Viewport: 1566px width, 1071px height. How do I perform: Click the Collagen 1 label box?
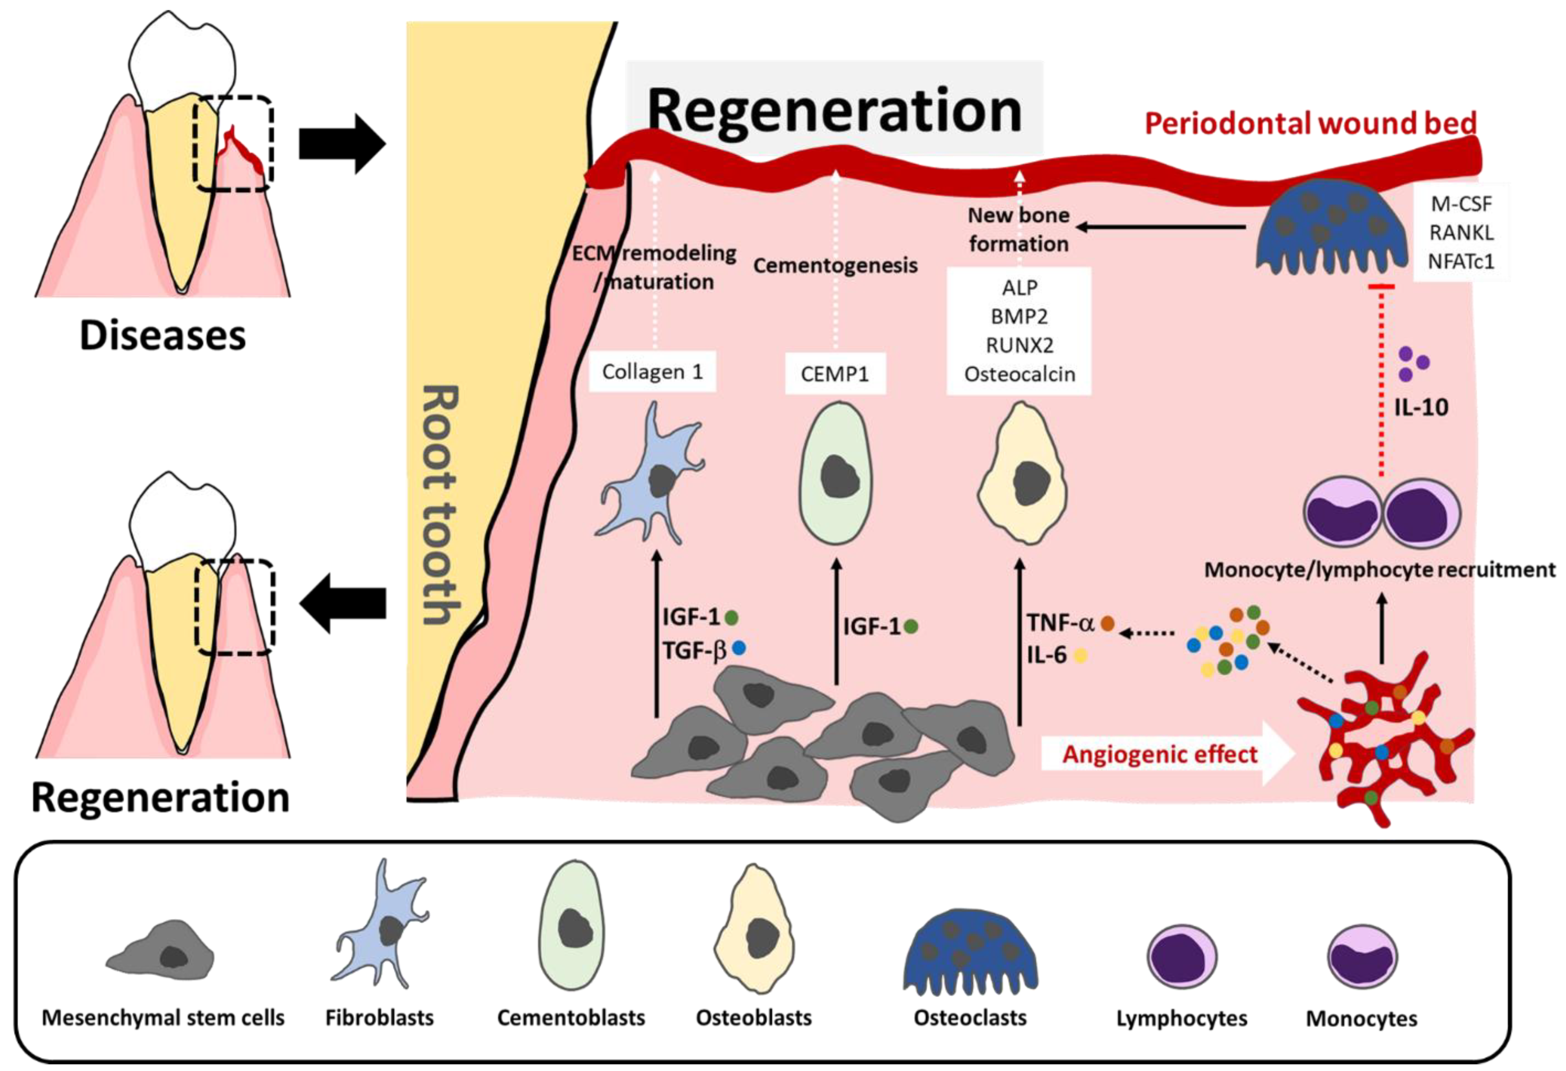652,372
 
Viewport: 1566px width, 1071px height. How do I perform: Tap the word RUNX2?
1019,345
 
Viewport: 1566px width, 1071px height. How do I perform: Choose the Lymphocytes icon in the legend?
1181,956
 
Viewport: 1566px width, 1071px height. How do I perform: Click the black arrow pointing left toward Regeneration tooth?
342,603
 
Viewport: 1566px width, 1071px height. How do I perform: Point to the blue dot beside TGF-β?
739,649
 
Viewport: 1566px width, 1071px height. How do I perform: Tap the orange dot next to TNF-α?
1107,624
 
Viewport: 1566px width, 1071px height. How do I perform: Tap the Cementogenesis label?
835,265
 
